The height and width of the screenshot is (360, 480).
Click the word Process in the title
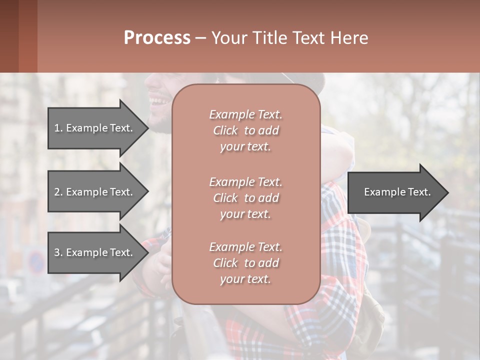point(157,38)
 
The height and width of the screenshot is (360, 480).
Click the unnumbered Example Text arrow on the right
point(395,192)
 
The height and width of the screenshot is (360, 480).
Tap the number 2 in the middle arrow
point(57,192)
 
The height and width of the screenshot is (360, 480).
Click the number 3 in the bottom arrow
point(57,252)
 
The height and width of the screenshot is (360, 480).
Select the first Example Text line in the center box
point(245,114)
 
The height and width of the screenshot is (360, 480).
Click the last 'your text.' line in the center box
point(245,279)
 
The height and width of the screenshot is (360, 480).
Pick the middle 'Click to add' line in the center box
point(245,198)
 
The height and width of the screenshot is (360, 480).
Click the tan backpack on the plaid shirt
point(372,310)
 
